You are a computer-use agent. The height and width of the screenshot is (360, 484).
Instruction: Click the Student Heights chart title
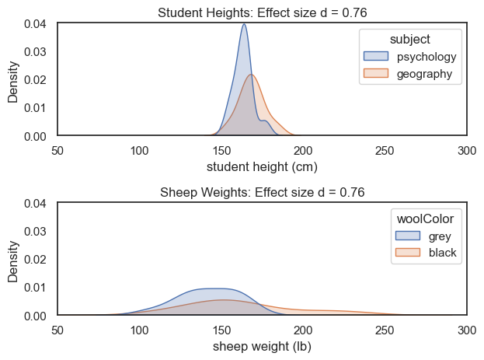262,12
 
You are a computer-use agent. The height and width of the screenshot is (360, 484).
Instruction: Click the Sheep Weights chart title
262,192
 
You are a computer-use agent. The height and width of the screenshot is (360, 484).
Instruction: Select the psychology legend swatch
375,58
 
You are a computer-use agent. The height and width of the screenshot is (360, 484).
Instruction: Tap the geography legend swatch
375,75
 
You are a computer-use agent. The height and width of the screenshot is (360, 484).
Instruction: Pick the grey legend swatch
408,236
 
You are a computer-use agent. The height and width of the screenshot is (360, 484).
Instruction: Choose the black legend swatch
408,253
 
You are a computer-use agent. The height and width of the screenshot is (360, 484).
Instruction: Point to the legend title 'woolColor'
426,220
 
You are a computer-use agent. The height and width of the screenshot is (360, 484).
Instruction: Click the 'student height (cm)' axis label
262,166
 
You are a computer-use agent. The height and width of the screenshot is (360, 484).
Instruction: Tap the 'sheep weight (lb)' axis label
262,346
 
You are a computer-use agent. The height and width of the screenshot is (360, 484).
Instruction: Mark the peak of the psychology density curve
244,24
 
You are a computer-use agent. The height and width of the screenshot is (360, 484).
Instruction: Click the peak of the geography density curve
251,75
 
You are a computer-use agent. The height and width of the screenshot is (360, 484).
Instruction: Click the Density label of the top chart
13,80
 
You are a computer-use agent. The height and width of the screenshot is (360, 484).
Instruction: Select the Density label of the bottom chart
13,260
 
